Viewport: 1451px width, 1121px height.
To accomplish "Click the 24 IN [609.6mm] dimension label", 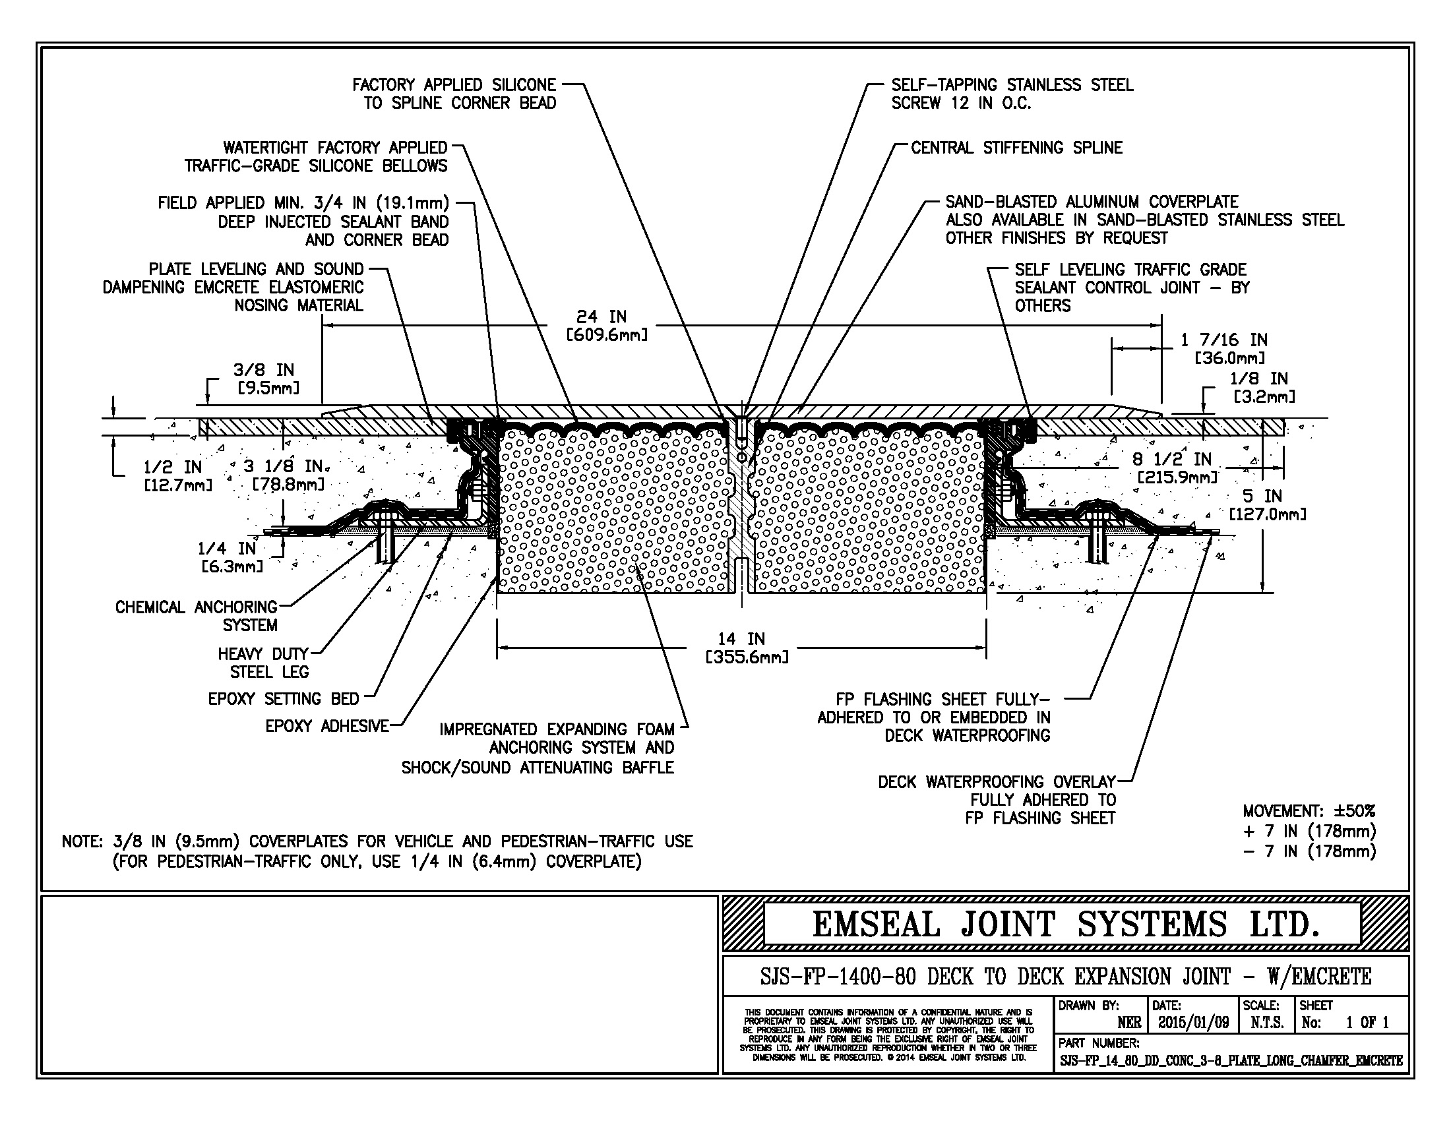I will pos(605,326).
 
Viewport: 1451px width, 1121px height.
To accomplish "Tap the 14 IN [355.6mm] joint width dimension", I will pos(746,648).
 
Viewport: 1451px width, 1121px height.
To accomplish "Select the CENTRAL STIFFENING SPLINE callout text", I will pos(1016,148).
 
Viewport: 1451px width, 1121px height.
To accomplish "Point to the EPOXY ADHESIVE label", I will pos(327,726).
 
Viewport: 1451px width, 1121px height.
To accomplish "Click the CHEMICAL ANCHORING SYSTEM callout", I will pos(197,616).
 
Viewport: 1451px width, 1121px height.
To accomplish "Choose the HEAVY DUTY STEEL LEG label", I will pos(264,663).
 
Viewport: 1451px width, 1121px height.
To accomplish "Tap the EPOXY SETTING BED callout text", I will pos(284,698).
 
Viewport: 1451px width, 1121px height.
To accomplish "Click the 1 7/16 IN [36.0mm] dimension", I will pos(1223,349).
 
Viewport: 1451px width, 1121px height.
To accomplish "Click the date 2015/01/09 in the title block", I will pos(1193,1023).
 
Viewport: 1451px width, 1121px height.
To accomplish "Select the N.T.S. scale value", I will pos(1266,1023).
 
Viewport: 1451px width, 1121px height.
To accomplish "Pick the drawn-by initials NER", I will pos(1129,1023).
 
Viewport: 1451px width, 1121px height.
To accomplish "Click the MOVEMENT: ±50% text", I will pos(1309,811).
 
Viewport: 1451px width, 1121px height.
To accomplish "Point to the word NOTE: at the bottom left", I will pos(82,841).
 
